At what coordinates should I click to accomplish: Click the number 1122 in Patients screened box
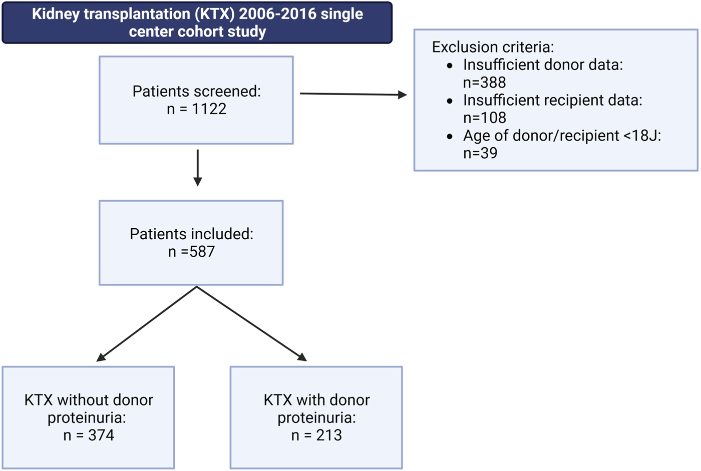pos(209,109)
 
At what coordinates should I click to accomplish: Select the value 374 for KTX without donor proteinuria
pos(101,435)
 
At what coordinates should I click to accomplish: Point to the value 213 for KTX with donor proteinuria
pos(329,435)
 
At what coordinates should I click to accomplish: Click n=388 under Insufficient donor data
pos(485,83)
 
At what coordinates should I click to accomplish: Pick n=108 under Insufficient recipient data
pos(485,118)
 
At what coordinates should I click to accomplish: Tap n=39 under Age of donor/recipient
pos(480,153)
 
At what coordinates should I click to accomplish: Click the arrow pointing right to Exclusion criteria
pos(354,94)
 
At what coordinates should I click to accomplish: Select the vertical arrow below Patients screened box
pos(197,168)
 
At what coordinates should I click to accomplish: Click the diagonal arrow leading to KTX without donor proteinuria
pos(146,324)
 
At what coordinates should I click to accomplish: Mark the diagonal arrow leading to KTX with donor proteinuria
pos(252,324)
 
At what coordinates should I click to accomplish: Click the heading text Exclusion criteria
pos(493,47)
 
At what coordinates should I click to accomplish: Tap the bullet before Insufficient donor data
pos(450,66)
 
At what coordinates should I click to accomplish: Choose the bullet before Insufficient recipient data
pos(450,101)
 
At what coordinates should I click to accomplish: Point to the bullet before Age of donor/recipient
pos(450,136)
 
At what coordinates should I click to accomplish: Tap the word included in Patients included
pos(222,234)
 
